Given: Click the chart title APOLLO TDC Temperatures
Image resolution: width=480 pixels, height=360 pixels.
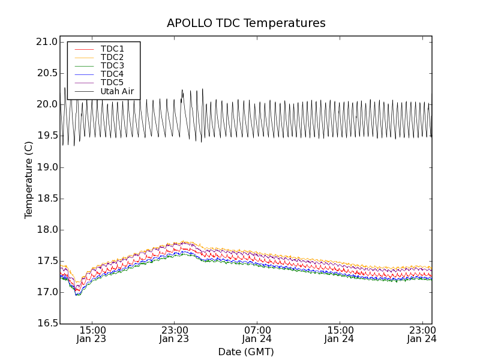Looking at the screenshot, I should tap(246, 23).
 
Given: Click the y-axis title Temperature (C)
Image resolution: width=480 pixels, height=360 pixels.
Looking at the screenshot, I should tap(29, 180).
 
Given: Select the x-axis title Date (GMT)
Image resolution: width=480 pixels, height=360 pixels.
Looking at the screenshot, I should tap(246, 352).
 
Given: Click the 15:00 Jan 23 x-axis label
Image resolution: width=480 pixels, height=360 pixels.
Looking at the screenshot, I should tap(92, 334).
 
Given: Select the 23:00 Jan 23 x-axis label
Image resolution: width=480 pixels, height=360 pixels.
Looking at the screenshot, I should tap(175, 334).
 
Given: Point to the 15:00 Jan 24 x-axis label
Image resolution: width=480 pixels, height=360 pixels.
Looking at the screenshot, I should tap(340, 334).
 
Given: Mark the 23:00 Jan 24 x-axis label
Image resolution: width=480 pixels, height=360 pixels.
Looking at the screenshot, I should tap(422, 334).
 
